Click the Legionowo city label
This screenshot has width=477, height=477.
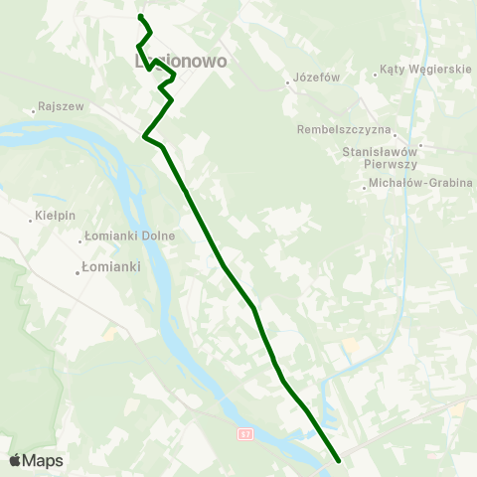[x=181, y=61]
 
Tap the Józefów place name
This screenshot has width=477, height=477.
[x=317, y=79]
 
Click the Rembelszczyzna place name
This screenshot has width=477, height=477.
[x=346, y=129]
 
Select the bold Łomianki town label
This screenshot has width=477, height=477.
[x=111, y=267]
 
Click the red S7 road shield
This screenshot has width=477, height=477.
[x=245, y=434]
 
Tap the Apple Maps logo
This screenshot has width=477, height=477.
[x=36, y=460]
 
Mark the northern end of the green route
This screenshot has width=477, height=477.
[x=140, y=17]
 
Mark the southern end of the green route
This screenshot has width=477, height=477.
[x=339, y=460]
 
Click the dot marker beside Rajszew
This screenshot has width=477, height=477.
[x=34, y=110]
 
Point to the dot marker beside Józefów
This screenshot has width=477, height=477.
[x=287, y=82]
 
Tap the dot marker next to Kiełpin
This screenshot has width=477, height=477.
[x=30, y=219]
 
